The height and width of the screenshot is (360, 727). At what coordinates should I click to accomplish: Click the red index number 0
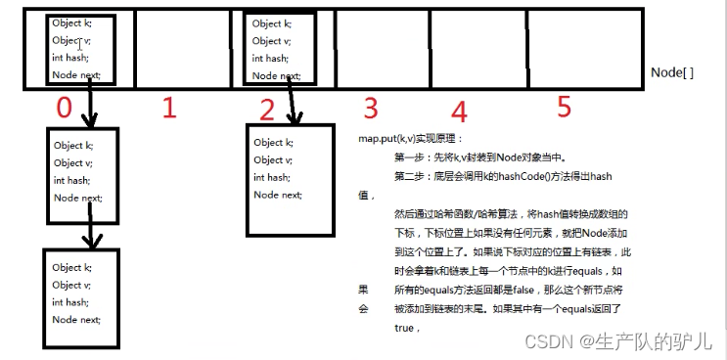tap(65, 109)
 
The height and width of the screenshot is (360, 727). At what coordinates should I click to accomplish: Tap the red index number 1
tap(168, 108)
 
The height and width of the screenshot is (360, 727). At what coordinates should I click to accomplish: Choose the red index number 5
tap(564, 105)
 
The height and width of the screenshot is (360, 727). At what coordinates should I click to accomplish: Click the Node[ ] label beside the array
tap(672, 72)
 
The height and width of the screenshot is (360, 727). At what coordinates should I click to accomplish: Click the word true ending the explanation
tap(404, 328)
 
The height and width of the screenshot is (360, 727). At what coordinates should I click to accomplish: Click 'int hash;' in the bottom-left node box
tap(71, 302)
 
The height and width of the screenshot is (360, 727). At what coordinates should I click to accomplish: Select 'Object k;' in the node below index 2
tap(273, 143)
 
